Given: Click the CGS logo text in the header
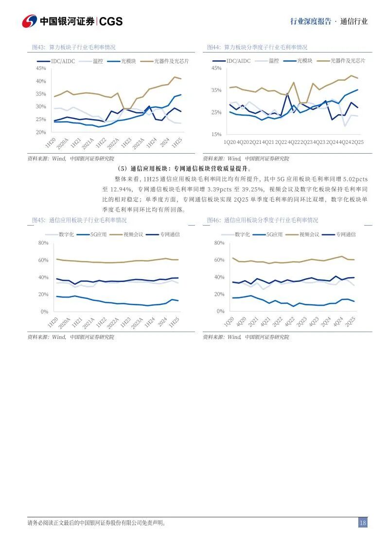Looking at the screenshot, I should [111, 21].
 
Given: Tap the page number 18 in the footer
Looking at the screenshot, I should [363, 523].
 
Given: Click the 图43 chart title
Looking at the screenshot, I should [73, 47].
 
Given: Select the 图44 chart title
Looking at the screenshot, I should [257, 47].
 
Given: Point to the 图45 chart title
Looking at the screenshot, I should [79, 220].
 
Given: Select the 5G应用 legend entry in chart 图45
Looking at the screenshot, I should [98, 234].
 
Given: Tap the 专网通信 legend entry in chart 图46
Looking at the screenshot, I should [346, 234].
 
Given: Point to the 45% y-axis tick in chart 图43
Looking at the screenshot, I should [41, 69].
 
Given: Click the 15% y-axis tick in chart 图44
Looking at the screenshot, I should [216, 134].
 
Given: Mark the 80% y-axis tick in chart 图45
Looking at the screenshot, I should [43, 243].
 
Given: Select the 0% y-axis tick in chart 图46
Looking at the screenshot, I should [220, 311].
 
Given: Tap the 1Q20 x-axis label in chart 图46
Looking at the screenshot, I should [228, 322].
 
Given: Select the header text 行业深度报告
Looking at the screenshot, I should [310, 21].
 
